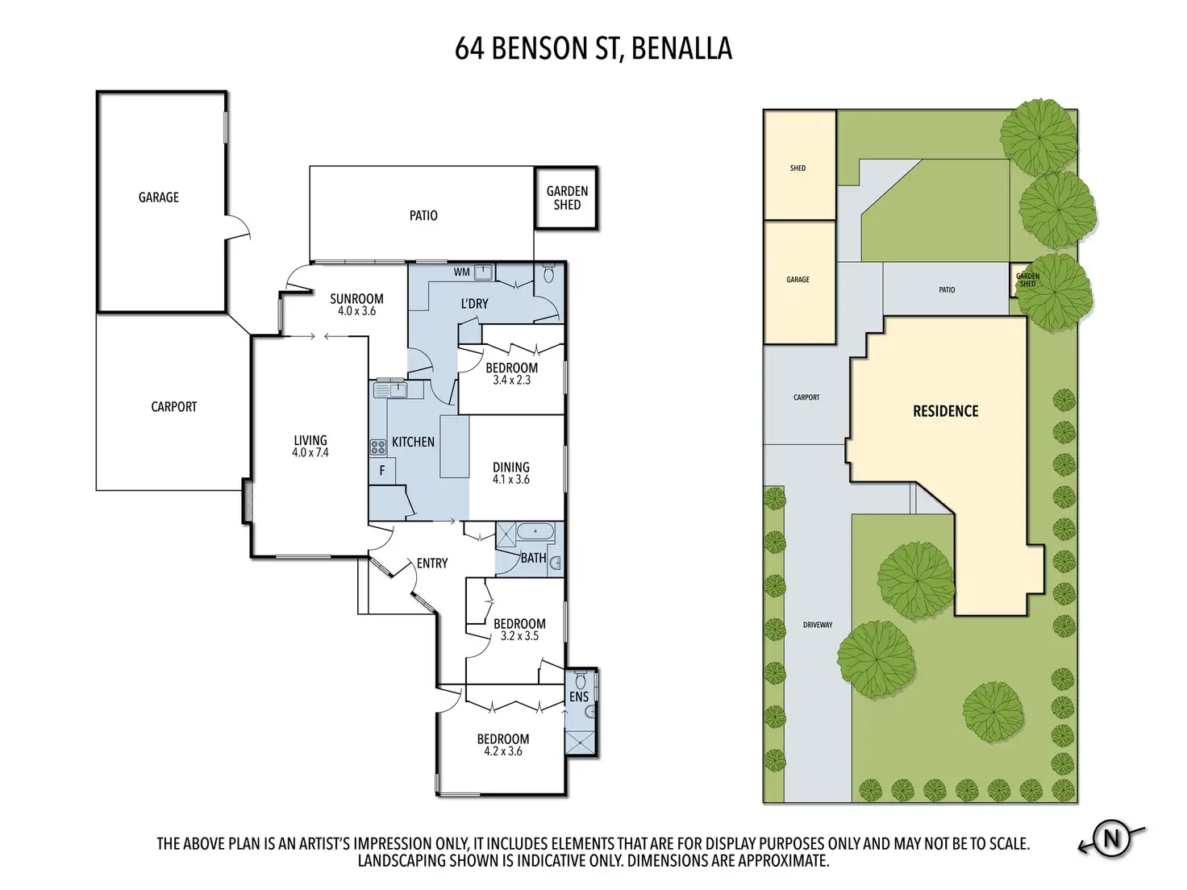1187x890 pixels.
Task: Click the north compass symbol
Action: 1111,839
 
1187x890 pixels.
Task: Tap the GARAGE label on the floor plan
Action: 158,198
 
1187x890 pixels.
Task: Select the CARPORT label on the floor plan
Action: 173,407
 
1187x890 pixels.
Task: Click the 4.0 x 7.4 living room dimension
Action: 310,453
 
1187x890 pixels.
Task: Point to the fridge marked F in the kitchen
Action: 381,471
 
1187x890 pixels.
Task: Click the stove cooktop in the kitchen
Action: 378,447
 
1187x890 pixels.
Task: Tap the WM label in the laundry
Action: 461,272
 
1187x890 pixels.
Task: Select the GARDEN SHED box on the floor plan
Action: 566,198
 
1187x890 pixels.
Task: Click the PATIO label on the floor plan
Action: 423,215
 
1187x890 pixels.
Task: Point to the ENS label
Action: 579,697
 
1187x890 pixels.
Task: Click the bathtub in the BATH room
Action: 535,532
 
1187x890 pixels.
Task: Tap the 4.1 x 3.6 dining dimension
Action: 511,480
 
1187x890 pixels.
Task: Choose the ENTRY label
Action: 432,564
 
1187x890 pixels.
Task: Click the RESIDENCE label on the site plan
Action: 946,411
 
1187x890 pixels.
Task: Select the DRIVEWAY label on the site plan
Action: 818,625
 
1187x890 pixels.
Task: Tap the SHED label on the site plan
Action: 798,168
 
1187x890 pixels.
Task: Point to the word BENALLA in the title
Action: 681,48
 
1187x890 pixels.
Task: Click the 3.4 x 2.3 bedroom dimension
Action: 511,381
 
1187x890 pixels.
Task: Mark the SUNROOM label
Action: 356,299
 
